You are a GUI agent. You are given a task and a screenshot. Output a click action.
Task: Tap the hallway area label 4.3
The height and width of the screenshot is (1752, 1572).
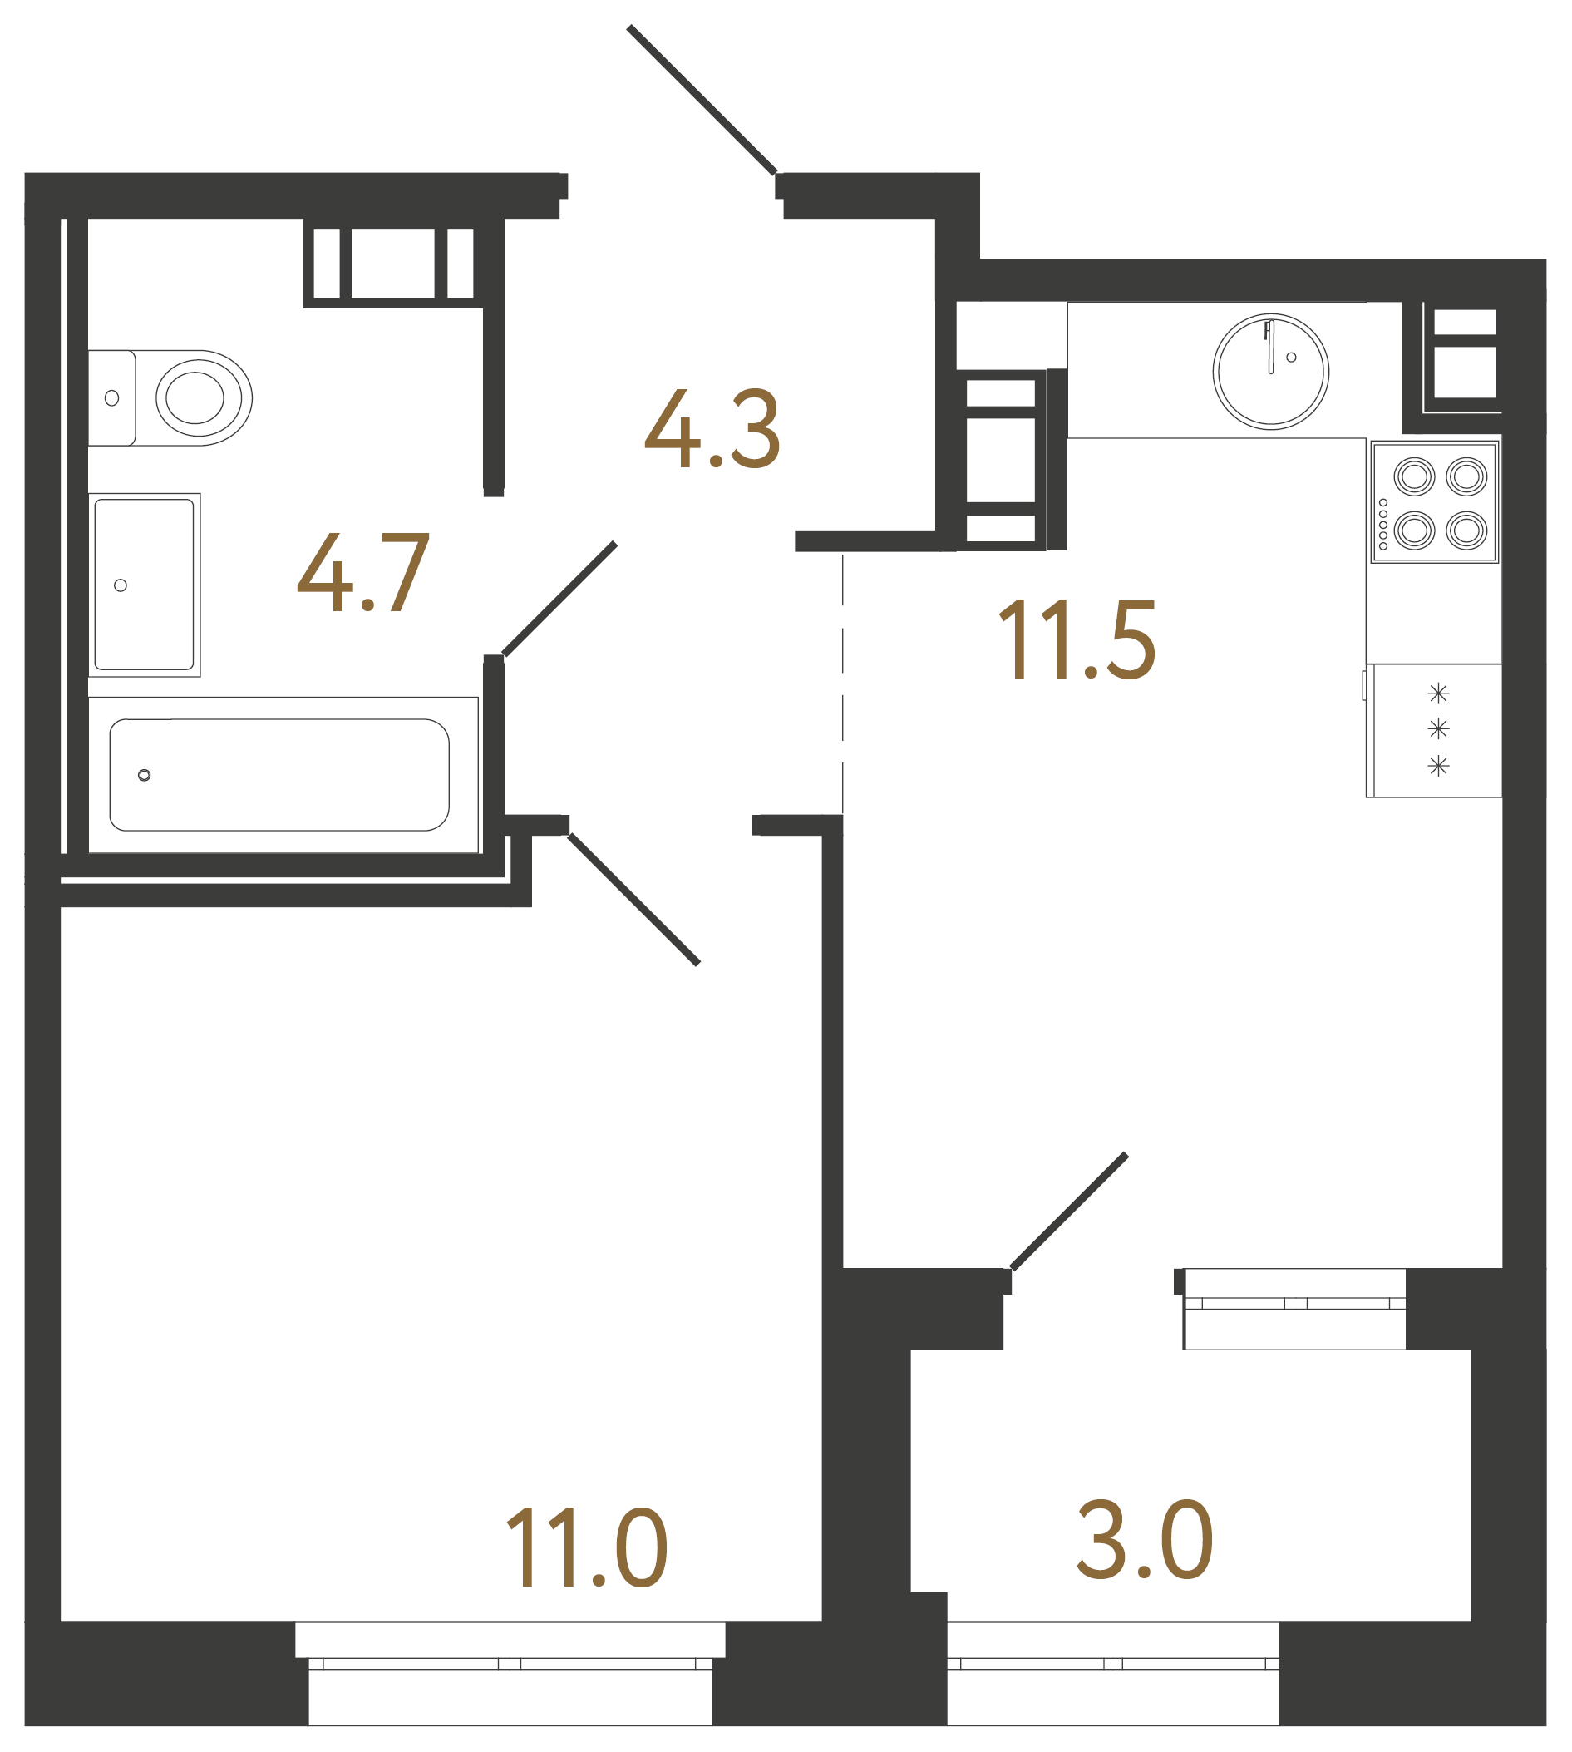click(712, 429)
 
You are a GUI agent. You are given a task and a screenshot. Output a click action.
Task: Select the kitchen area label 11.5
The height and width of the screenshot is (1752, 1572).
click(1077, 640)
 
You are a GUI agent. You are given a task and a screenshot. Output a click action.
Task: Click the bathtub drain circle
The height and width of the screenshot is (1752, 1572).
click(145, 775)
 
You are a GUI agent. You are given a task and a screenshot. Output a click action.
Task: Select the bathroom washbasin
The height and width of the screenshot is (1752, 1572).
click(145, 585)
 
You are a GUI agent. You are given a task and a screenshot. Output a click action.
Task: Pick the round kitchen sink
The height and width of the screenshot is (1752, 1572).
click(1270, 372)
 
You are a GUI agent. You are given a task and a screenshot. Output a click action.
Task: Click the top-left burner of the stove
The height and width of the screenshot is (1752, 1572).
click(1414, 476)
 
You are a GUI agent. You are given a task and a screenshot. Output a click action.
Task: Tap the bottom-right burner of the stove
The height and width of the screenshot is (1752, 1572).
click(1466, 531)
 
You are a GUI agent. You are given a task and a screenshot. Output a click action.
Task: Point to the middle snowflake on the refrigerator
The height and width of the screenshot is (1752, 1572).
click(1438, 729)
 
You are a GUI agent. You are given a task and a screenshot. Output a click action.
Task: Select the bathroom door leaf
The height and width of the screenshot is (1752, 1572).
click(559, 599)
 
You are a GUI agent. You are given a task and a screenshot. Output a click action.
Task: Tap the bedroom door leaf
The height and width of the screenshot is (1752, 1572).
click(633, 900)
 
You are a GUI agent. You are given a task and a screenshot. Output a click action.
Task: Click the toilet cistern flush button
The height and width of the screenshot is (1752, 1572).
click(111, 398)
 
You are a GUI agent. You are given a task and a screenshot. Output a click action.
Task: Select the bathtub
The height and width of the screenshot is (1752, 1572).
click(279, 775)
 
